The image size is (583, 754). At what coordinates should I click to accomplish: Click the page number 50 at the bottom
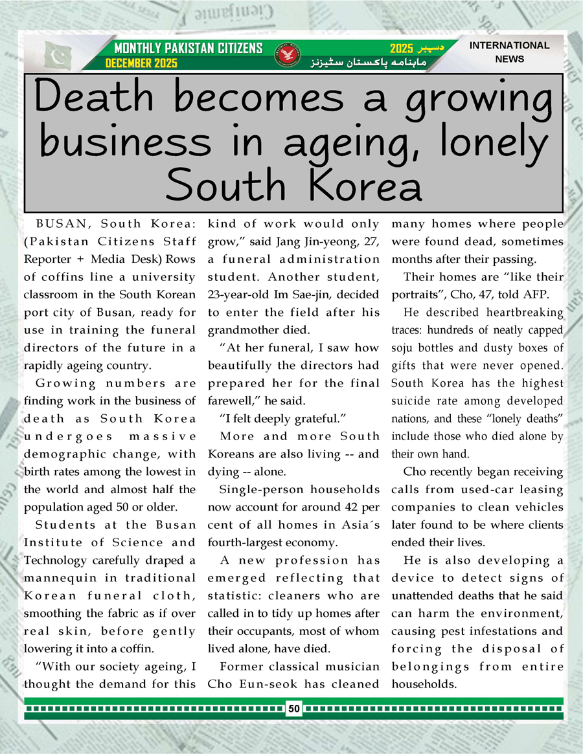click(294, 709)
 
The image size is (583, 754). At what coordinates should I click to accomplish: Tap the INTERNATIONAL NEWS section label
click(509, 52)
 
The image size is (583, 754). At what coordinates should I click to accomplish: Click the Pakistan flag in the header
click(60, 56)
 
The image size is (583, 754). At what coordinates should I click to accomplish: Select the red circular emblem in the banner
click(285, 54)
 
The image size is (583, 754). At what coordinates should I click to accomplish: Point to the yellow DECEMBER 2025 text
click(141, 63)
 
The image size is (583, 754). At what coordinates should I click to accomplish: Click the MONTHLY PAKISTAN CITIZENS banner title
click(188, 48)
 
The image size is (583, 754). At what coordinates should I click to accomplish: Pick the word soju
click(405, 348)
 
